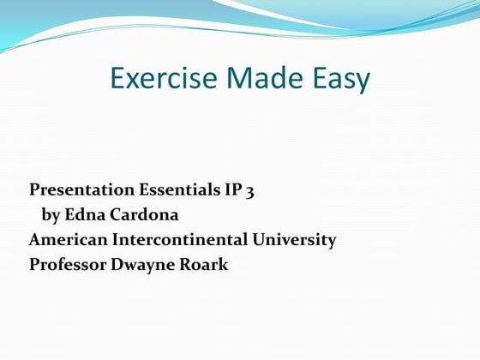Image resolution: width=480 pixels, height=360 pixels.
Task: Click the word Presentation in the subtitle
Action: [x=81, y=189]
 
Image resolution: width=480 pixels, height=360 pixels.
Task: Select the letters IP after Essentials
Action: [x=233, y=189]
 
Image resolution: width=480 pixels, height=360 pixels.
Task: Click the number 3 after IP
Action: [x=249, y=191]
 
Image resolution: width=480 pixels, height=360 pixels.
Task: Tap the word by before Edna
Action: [x=51, y=214]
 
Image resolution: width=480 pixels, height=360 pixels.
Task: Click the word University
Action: [x=297, y=239]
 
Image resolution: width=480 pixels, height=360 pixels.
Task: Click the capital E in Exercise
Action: [x=118, y=79]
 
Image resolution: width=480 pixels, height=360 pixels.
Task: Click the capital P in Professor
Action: [x=34, y=264]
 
